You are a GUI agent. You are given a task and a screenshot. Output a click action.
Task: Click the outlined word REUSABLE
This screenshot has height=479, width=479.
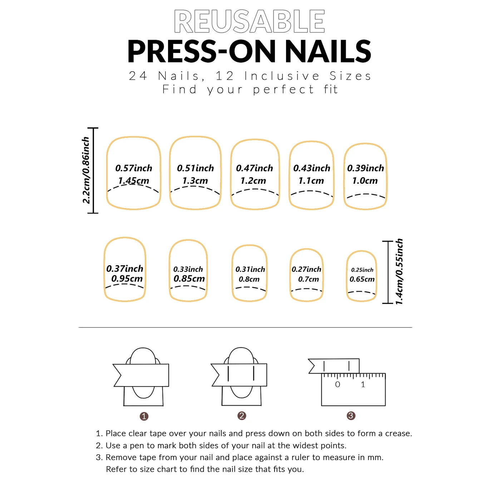(x=249, y=21)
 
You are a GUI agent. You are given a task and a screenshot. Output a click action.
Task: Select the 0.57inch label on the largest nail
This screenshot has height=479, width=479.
(x=134, y=168)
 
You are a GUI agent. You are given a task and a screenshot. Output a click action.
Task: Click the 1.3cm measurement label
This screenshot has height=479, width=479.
(x=195, y=181)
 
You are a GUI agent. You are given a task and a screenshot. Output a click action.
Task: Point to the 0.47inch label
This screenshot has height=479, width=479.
(x=255, y=168)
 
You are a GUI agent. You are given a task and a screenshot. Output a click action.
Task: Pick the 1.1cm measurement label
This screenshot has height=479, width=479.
(x=311, y=181)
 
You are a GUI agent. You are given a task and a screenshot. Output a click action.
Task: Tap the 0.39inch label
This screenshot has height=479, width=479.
(x=365, y=168)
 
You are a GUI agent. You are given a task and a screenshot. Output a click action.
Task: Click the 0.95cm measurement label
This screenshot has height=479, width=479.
(x=127, y=278)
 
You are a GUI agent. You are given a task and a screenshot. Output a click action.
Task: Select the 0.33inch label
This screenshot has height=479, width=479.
(x=188, y=269)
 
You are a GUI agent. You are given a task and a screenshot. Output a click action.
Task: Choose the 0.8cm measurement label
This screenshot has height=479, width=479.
(x=249, y=279)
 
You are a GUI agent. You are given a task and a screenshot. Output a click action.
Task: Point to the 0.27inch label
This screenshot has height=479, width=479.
(x=306, y=269)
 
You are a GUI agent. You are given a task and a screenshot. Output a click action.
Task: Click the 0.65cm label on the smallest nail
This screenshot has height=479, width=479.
(x=362, y=279)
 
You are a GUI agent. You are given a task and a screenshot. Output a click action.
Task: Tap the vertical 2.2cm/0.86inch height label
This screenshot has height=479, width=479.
(x=86, y=170)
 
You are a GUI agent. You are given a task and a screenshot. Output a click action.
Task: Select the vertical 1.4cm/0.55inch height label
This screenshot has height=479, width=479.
(x=399, y=271)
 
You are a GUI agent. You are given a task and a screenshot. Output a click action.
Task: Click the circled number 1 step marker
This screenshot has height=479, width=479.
(x=144, y=416)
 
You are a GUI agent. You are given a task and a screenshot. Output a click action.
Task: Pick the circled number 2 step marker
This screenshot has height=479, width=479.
(x=242, y=416)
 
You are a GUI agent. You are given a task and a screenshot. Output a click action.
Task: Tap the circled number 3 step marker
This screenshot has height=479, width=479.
(x=351, y=416)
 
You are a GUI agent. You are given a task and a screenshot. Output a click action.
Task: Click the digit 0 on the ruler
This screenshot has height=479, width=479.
(x=337, y=385)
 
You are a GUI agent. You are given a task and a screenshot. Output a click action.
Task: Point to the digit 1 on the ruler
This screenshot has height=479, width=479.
(x=363, y=385)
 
